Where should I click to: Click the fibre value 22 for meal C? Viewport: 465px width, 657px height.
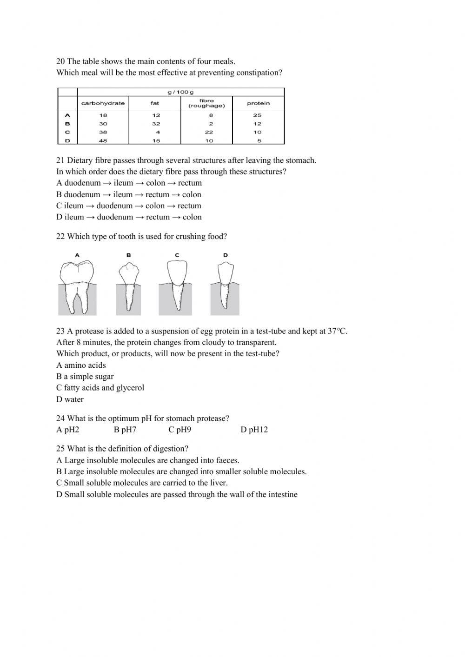point(211,132)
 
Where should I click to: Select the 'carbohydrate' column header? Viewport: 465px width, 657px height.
point(103,103)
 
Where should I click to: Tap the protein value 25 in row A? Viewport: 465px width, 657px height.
point(258,115)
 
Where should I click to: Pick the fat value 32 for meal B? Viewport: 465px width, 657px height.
point(156,124)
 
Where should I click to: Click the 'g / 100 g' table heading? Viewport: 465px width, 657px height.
point(180,92)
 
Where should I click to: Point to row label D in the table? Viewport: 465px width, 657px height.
point(67,140)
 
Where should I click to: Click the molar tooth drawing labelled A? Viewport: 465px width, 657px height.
point(77,286)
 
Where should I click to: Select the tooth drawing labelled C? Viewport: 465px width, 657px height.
point(177,284)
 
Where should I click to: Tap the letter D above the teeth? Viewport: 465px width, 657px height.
point(226,255)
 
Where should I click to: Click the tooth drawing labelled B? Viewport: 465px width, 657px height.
point(128,285)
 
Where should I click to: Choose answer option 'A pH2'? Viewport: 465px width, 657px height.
point(68,430)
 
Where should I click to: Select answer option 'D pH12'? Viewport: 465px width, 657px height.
point(254,430)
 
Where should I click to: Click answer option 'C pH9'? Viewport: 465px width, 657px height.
point(179,430)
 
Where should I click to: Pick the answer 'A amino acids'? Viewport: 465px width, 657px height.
point(81,365)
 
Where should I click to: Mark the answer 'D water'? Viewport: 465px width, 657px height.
point(70,399)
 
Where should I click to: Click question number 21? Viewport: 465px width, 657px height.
point(60,160)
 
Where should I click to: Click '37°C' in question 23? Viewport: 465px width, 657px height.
point(338,331)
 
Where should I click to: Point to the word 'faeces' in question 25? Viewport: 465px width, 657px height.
point(227,460)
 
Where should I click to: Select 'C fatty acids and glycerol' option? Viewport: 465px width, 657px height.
point(100,388)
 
